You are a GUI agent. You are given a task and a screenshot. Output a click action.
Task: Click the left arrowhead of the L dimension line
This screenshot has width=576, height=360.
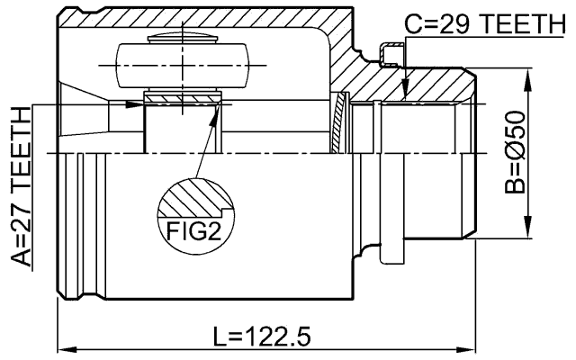[x=66, y=347]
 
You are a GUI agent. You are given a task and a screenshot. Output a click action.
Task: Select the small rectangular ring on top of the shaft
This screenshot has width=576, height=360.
[x=389, y=56]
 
